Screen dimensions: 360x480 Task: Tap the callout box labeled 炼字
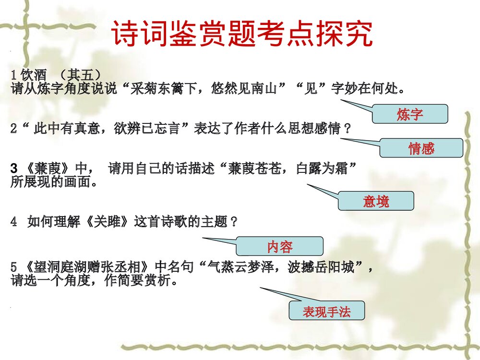[x=410, y=114]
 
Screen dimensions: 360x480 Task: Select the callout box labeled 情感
[x=421, y=148]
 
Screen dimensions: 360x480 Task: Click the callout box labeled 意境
[x=376, y=201]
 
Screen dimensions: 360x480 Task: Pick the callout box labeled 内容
[x=280, y=247]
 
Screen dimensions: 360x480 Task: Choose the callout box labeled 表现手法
[x=326, y=312]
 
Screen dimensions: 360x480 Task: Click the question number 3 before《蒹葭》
[x=14, y=169]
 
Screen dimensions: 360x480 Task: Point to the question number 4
[x=14, y=222]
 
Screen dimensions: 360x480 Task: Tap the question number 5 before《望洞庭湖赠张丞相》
[x=14, y=267]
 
